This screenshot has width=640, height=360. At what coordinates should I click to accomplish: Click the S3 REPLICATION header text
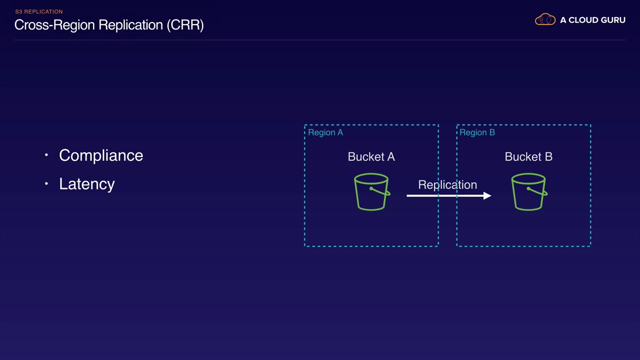(x=39, y=11)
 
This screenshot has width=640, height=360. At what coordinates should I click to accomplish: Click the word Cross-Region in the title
(x=54, y=25)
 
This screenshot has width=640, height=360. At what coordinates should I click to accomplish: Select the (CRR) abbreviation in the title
(x=185, y=25)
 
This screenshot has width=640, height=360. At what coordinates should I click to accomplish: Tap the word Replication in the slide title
(x=131, y=25)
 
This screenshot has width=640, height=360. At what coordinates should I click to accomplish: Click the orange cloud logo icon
(x=545, y=19)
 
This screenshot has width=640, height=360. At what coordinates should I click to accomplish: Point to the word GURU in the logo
(x=613, y=20)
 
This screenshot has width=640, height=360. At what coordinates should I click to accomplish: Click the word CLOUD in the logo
(x=583, y=20)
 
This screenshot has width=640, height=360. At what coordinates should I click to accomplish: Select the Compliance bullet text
(x=101, y=155)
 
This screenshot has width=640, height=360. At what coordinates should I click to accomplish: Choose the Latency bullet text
(x=87, y=184)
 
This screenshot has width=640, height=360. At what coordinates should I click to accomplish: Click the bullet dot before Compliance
(x=46, y=155)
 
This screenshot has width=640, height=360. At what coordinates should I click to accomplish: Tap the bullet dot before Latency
(x=46, y=183)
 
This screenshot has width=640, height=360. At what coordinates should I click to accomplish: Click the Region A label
(x=325, y=132)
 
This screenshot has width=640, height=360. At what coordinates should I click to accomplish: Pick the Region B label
(x=477, y=132)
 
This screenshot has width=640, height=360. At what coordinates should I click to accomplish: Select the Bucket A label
(x=371, y=156)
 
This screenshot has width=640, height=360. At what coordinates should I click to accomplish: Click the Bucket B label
(x=528, y=156)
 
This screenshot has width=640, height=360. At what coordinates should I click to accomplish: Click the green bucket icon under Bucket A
(x=371, y=191)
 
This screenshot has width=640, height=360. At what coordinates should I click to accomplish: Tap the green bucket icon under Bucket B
(x=529, y=191)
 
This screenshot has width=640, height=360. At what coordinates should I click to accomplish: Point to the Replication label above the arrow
(x=447, y=185)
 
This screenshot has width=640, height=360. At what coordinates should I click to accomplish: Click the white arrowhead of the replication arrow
(x=487, y=195)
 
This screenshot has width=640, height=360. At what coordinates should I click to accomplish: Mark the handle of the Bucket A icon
(x=380, y=191)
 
